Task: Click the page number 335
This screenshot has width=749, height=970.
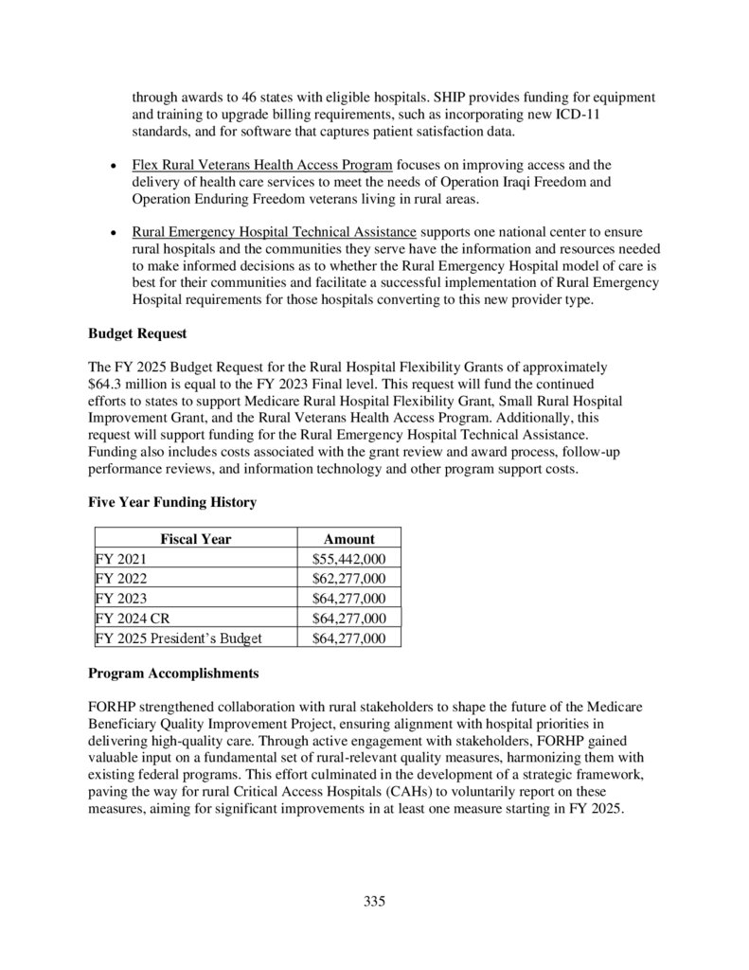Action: click(374, 901)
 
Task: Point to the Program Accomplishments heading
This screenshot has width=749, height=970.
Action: click(172, 674)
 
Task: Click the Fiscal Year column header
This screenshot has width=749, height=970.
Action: click(195, 539)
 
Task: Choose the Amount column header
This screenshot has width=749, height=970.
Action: click(348, 539)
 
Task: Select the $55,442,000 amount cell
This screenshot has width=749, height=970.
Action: click(348, 559)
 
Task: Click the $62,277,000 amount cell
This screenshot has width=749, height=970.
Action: click(348, 579)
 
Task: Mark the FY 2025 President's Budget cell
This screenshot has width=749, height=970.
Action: click(179, 638)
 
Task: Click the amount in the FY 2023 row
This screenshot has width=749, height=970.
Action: click(348, 599)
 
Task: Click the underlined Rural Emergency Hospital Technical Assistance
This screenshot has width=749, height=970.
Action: click(274, 231)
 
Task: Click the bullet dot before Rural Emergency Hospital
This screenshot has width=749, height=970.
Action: click(113, 231)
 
